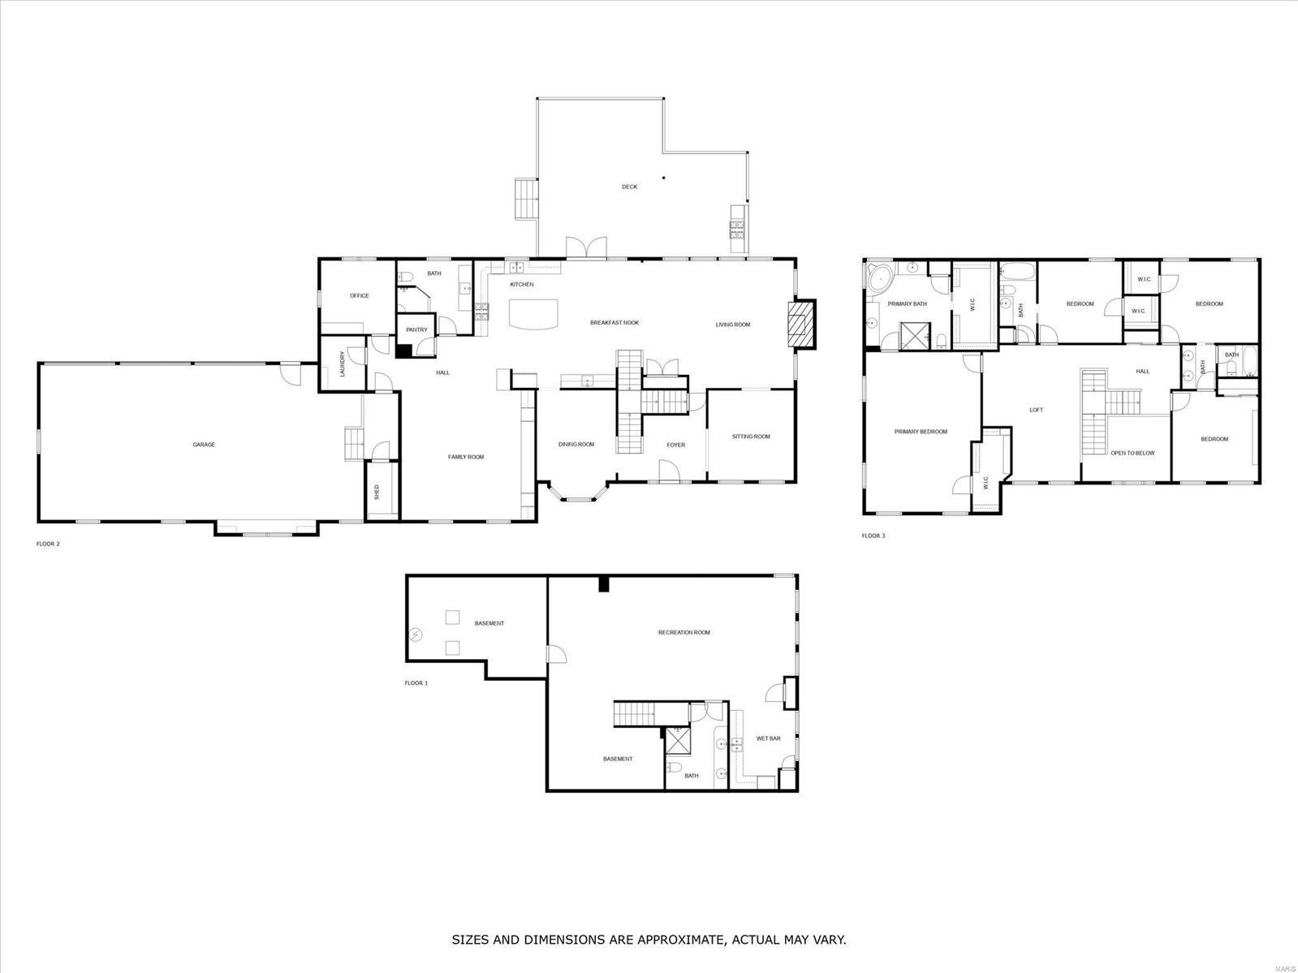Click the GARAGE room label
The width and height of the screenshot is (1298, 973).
point(204,445)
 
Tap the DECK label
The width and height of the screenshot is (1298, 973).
point(629,187)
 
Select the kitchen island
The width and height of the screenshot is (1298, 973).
point(533,313)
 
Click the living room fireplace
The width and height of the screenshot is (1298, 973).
point(801,324)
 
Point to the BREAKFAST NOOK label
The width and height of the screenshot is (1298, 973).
point(614,323)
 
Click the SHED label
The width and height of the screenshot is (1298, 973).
point(377,492)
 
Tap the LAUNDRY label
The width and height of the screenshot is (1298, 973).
point(343,364)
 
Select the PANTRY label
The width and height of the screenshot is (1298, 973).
point(416,329)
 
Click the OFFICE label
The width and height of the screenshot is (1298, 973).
point(359,295)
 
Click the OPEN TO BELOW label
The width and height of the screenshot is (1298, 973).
point(1132,453)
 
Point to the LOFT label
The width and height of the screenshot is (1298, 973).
point(1036,410)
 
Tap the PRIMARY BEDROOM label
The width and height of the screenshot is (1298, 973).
point(921,432)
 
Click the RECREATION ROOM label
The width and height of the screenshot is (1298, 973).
point(683,632)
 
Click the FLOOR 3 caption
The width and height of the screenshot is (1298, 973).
point(873,536)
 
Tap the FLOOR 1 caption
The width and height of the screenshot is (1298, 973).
point(416,683)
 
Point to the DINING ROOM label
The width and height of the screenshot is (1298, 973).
point(576,445)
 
